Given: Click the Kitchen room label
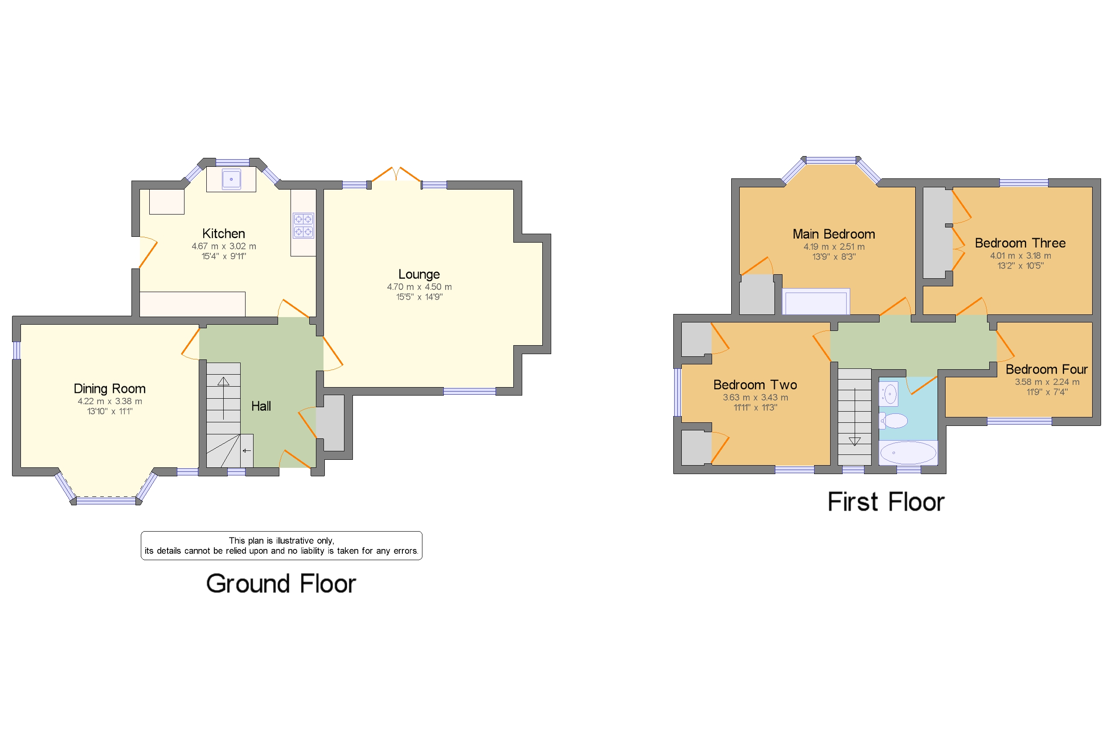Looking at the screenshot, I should pyautogui.click(x=223, y=234).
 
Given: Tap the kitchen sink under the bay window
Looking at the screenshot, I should pyautogui.click(x=231, y=180).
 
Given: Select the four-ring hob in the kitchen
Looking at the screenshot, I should pyautogui.click(x=303, y=226).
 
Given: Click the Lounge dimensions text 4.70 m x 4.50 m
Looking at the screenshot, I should pyautogui.click(x=419, y=287).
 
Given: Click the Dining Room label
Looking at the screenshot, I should pyautogui.click(x=109, y=388).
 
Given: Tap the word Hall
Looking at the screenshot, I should pyautogui.click(x=261, y=406).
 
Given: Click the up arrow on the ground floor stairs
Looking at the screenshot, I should pyautogui.click(x=223, y=381).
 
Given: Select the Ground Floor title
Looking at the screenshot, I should pyautogui.click(x=281, y=583).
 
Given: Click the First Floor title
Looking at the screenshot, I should pyautogui.click(x=886, y=502).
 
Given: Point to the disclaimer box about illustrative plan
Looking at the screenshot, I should pyautogui.click(x=281, y=545).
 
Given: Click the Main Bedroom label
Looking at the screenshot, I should pyautogui.click(x=834, y=234).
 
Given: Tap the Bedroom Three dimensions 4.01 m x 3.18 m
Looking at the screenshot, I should pyautogui.click(x=1020, y=256).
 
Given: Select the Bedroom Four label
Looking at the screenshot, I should pyautogui.click(x=1046, y=369).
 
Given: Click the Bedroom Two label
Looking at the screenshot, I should pyautogui.click(x=755, y=385).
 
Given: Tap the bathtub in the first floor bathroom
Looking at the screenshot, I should pyautogui.click(x=908, y=453).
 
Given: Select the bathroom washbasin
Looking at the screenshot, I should pyautogui.click(x=889, y=394).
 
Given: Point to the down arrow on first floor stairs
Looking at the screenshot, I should pyautogui.click(x=855, y=441).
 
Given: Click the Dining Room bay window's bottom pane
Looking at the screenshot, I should pyautogui.click(x=106, y=500).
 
